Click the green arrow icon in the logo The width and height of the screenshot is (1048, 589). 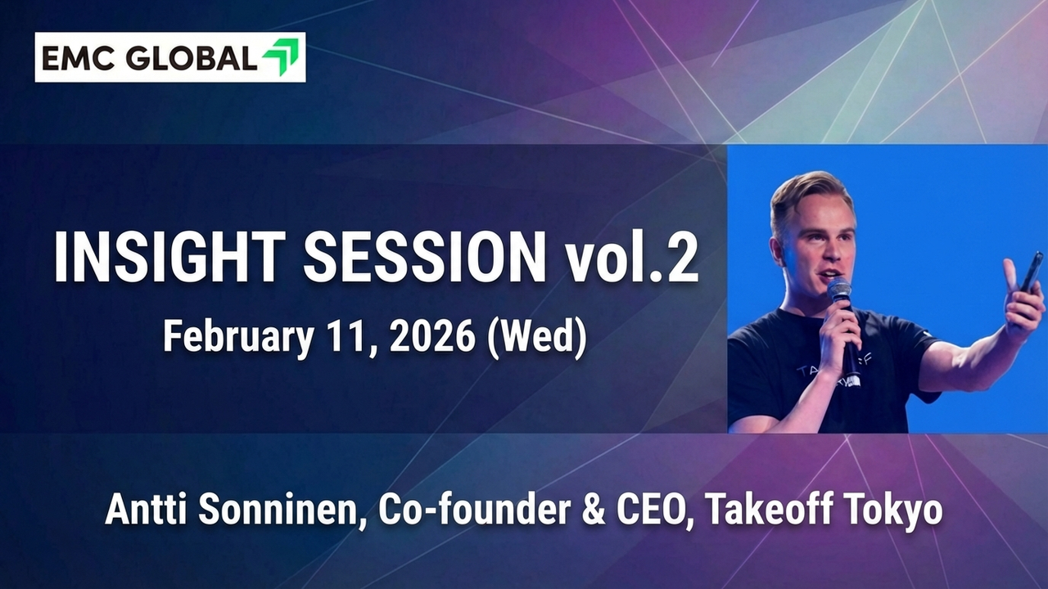click(281, 57)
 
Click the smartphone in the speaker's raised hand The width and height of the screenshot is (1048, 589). click(1028, 273)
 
